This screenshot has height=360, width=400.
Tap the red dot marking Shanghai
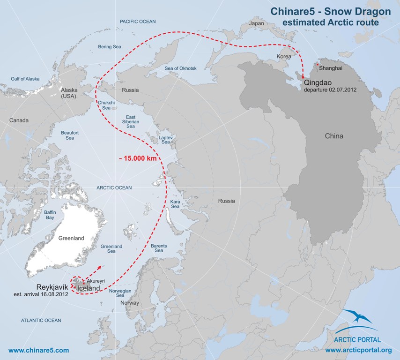coord(318,64)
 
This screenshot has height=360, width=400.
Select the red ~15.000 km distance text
coord(137,159)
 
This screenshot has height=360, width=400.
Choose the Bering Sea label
coord(110,47)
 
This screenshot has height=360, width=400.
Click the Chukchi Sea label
coord(104,105)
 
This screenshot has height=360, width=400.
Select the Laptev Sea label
coord(166,139)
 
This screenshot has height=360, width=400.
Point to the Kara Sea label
coord(175,204)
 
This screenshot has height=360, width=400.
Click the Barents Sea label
coord(159,248)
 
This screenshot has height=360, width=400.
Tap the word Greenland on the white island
coord(71,238)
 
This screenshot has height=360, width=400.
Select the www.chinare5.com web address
coord(39,350)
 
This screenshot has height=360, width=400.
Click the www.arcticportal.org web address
coord(358,350)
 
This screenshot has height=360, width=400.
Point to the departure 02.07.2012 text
coord(330,89)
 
